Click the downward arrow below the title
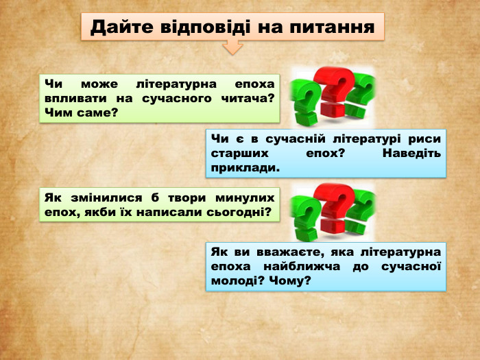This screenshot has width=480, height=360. pyautogui.click(x=233, y=47)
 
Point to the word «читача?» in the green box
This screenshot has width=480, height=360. pyautogui.click(x=248, y=98)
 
